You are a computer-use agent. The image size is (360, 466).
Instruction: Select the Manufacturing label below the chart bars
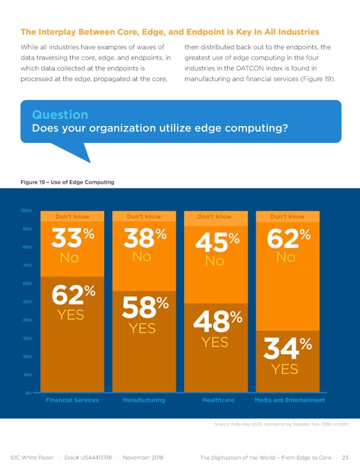tap(144, 400)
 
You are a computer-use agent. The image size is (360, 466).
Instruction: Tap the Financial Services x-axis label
tap(72, 400)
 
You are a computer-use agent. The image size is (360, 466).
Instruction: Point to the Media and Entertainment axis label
tap(289, 400)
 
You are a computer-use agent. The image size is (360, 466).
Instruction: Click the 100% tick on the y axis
tap(26, 211)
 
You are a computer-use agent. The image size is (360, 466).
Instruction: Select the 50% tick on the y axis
tap(27, 302)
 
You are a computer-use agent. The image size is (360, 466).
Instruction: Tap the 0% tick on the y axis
tap(28, 393)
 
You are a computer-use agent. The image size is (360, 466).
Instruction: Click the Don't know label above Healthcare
tap(215, 217)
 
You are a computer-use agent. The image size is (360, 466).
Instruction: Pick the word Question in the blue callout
tap(59, 114)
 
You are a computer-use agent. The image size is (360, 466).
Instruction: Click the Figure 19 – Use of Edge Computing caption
tap(67, 182)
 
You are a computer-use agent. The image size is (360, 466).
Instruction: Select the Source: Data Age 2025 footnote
tap(278, 425)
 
